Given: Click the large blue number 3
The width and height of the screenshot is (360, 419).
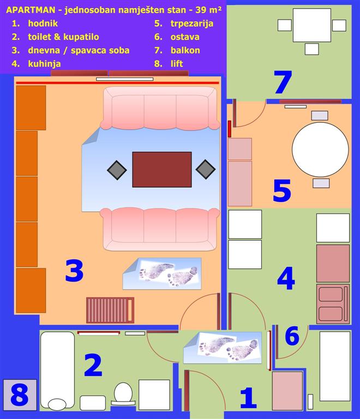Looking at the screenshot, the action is tap(74, 271).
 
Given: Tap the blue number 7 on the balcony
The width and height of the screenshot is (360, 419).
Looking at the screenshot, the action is tap(283, 82).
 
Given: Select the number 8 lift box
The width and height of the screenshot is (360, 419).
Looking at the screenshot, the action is tap(20, 395).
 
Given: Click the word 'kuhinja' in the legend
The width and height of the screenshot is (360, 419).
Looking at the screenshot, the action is tap(44, 64).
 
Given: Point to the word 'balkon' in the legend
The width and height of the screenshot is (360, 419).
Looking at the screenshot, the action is tap(185, 50).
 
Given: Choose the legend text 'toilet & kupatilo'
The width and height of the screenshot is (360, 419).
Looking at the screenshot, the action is tap(63, 37).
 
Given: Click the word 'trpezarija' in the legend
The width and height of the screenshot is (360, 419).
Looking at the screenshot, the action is tap(192, 23).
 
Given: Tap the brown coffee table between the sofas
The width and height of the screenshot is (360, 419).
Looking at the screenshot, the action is tap(162, 170).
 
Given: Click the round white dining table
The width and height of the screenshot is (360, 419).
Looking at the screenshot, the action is tap(320, 149).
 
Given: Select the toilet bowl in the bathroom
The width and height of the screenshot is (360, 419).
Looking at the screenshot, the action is tap(123, 394).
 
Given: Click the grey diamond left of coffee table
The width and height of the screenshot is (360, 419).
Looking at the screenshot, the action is tap(117, 170).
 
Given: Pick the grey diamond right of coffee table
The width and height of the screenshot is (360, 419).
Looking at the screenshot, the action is tap(206, 170).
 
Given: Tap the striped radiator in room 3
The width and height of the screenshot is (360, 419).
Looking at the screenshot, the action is tap(110, 310).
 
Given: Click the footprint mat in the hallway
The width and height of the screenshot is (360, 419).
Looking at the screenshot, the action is tap(223, 348).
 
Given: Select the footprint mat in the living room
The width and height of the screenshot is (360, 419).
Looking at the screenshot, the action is tap(162, 274).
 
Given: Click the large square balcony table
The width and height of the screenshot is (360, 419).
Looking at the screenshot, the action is tap(312, 25).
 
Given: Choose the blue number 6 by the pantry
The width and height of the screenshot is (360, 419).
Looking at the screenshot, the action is tap(292, 336).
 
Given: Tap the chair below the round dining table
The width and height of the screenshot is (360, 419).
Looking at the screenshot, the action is tap(321, 183).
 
